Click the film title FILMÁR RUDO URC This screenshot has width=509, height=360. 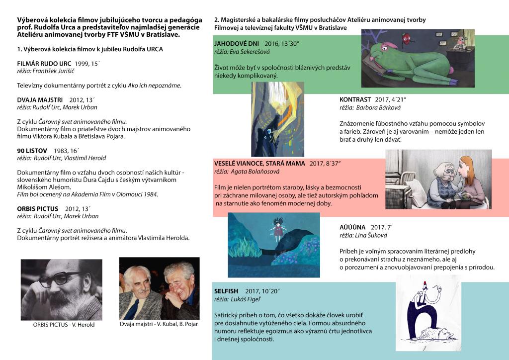coord(44,64)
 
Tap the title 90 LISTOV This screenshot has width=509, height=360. coord(32,150)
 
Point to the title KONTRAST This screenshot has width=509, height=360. coord(356,99)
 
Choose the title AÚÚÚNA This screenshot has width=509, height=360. coord(352,227)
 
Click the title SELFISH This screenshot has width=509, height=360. coord(226,290)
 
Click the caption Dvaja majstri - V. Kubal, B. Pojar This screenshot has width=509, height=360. coord(159,324)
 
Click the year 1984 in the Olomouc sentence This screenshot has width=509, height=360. coord(150,194)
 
